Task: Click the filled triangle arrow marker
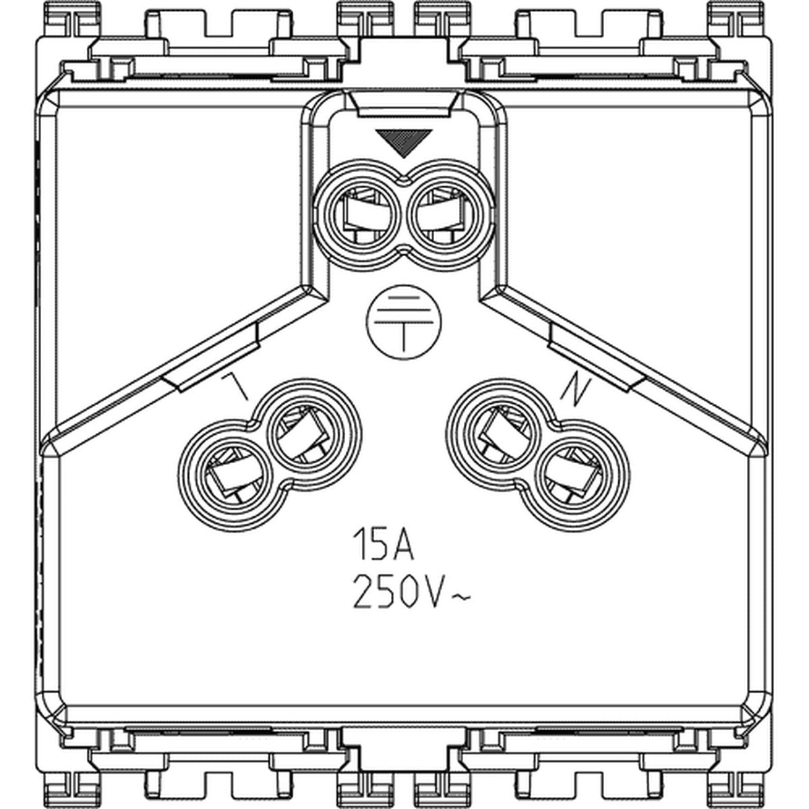point(403,142)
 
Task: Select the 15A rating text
point(384,545)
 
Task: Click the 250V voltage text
point(398,593)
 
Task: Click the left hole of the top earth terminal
point(360,214)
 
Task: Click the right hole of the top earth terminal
point(447,214)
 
